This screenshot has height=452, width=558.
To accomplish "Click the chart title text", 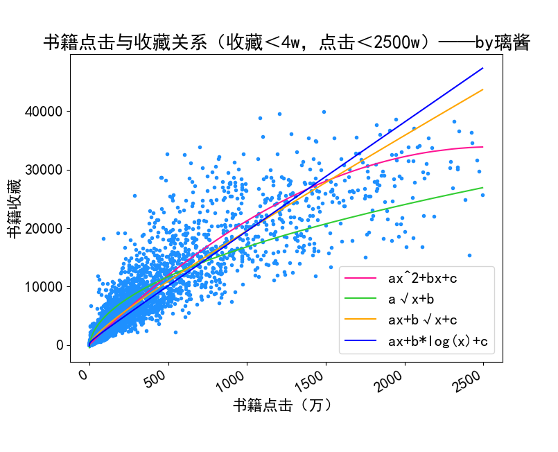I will (286, 43).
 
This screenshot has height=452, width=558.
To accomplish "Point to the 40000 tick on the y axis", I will (43, 112).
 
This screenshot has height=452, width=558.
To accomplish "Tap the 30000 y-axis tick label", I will (43, 170).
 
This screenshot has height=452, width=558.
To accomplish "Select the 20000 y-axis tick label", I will (43, 228).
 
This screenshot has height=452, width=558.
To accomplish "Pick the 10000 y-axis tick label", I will (43, 286).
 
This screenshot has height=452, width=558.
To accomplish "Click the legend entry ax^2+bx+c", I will (421, 279).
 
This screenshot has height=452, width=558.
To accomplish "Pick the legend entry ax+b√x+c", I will (421, 320).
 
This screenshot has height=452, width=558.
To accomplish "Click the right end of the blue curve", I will (482, 68).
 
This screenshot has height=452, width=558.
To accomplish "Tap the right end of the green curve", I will (482, 188).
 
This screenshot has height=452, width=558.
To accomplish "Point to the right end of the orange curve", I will (482, 89).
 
